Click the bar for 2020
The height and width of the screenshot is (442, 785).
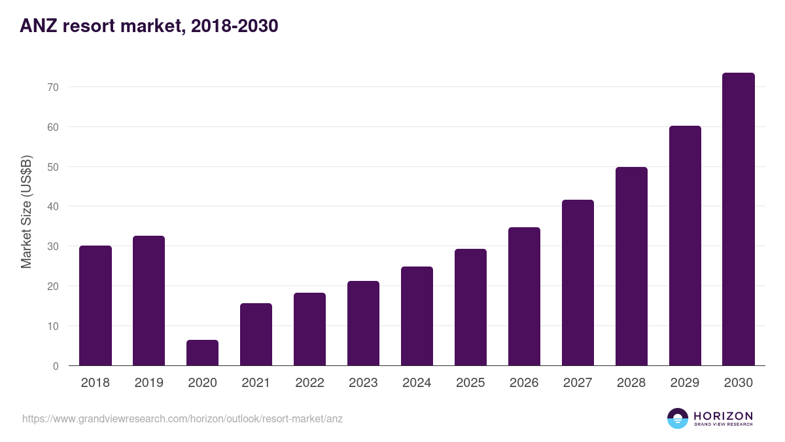tap(202, 353)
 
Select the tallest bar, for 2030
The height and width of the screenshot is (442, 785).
tap(738, 219)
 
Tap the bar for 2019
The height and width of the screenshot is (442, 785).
tap(148, 301)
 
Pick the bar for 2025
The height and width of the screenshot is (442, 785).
tap(470, 307)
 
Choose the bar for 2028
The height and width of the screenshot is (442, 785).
tap(631, 267)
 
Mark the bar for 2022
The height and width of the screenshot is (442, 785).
tap(309, 329)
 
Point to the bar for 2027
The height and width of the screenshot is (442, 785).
tap(578, 283)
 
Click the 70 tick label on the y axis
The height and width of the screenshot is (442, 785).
tap(53, 87)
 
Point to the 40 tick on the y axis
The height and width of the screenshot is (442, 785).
tap(53, 207)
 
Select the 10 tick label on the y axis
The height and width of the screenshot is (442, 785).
tap(53, 326)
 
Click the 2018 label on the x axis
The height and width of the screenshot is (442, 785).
tap(95, 383)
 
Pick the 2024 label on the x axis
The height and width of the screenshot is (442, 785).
tap(417, 383)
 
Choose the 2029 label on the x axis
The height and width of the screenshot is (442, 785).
tap(685, 383)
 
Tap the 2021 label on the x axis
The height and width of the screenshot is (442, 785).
tap(256, 383)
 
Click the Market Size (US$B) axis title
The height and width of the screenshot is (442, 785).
tap(26, 212)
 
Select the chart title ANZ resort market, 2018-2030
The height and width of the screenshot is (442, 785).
tap(149, 26)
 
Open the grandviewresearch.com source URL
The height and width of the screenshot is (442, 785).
tap(183, 418)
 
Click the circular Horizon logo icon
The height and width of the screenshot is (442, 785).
tap(678, 418)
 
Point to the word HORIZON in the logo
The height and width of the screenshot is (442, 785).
tap(723, 416)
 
